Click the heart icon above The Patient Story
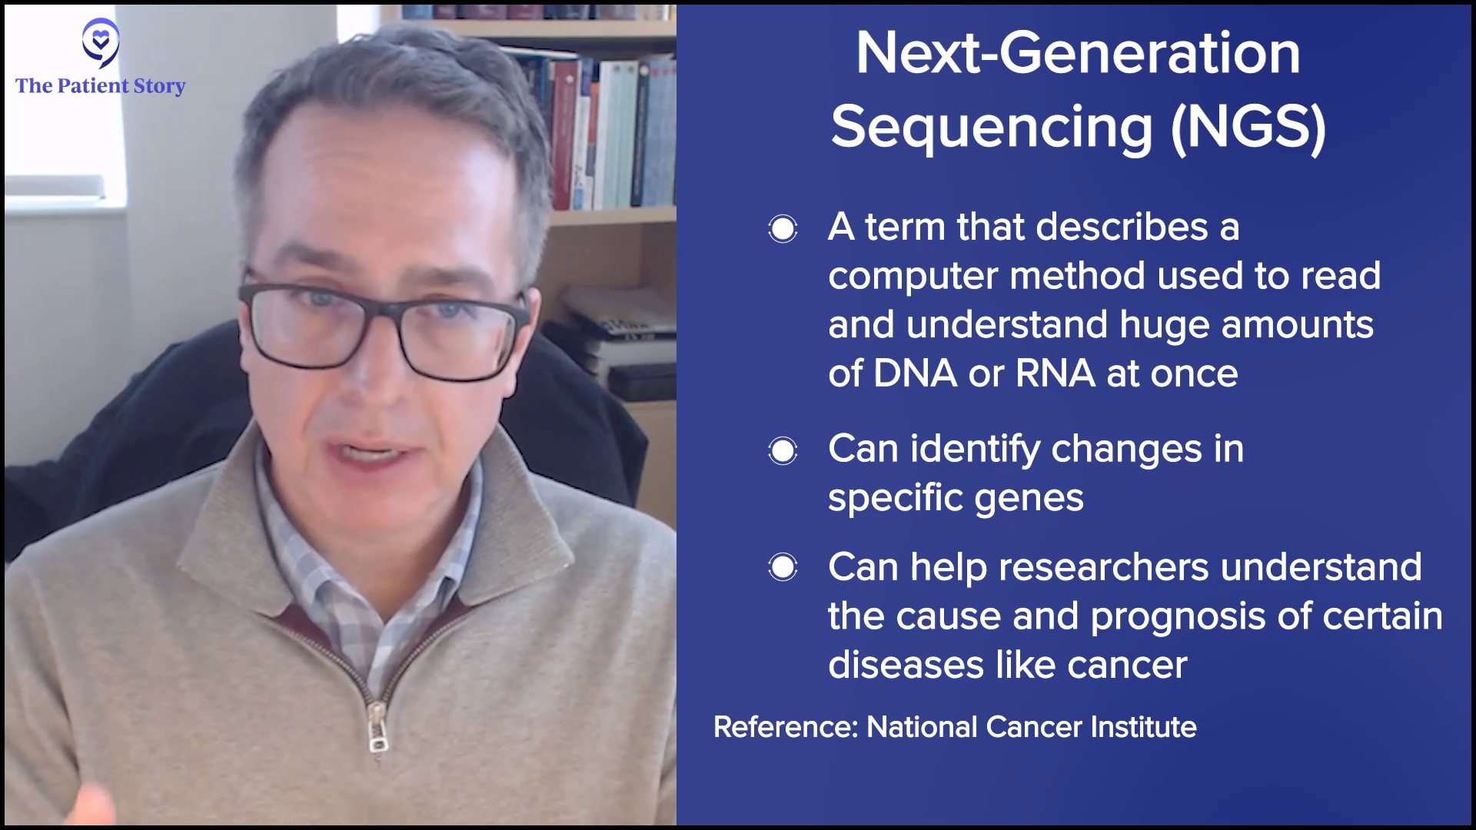coord(101,43)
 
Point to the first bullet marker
coord(783,229)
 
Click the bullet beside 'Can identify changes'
coord(783,450)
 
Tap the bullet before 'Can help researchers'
coord(783,568)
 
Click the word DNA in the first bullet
coord(915,373)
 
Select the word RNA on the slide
coord(1055,373)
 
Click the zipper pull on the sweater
coord(377,731)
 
